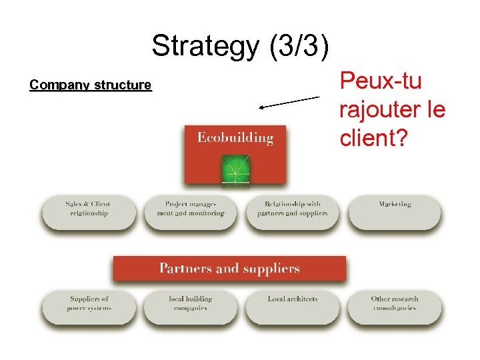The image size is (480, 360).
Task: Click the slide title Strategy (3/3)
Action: [x=240, y=46]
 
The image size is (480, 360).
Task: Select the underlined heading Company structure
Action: [x=91, y=85]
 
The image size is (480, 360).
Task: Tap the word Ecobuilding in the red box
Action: [x=235, y=138]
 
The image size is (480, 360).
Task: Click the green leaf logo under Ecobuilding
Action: [x=235, y=168]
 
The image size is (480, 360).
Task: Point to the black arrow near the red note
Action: [x=290, y=102]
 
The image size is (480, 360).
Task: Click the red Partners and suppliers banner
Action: [x=229, y=269]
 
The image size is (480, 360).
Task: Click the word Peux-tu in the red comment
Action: [x=381, y=81]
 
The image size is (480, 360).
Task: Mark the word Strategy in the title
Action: [x=201, y=46]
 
